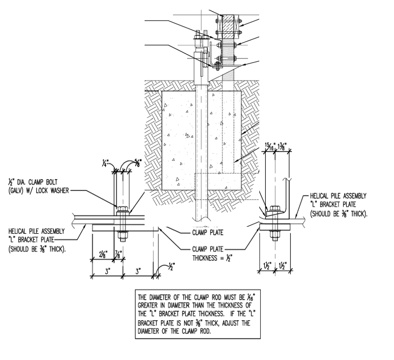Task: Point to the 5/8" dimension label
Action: pos(139,162)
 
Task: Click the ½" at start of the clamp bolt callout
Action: pos(11,182)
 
